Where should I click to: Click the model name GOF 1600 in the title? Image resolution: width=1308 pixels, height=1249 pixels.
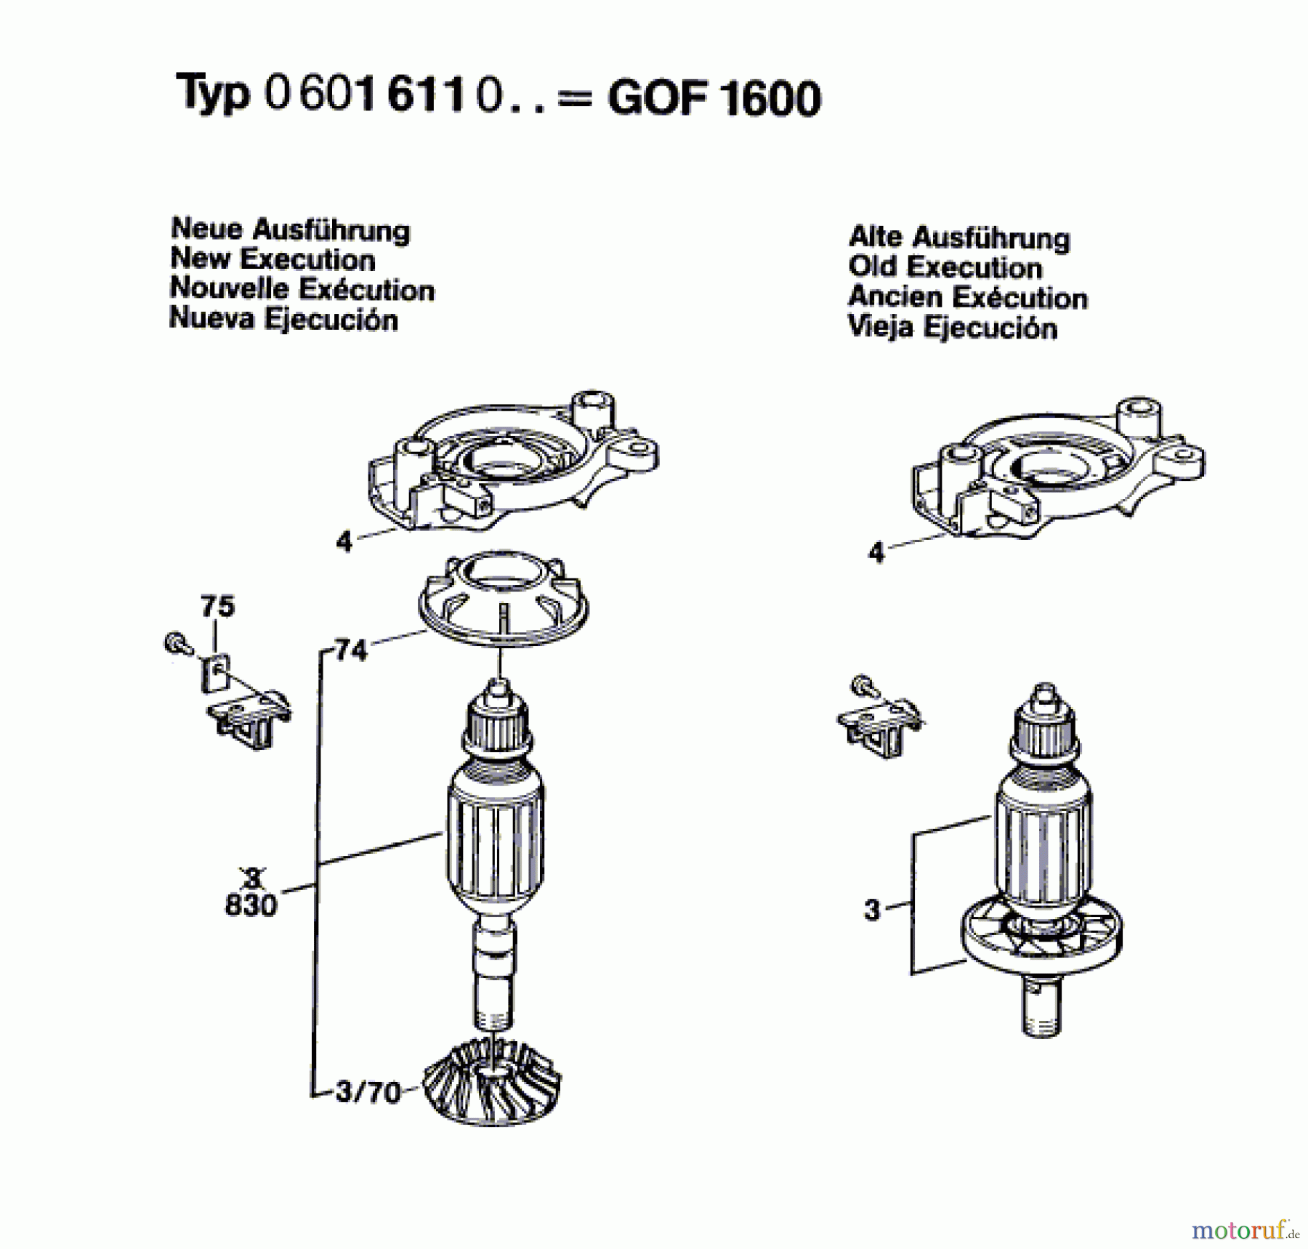[x=714, y=98]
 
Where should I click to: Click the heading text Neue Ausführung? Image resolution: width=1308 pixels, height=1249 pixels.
[x=290, y=230]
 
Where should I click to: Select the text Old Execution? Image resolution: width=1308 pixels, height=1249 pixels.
[x=945, y=267]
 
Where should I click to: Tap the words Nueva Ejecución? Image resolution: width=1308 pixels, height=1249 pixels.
[x=283, y=319]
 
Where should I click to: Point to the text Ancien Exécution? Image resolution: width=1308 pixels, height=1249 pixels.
[x=967, y=297]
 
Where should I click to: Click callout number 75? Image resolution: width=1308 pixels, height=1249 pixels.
[x=217, y=605]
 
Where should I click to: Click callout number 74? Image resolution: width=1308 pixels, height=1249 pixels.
[x=352, y=649]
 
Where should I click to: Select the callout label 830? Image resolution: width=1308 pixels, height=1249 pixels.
[x=251, y=905]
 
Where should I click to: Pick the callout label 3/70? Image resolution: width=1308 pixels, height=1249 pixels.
[x=368, y=1092]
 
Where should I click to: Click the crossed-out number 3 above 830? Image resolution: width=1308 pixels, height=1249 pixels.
[x=252, y=878]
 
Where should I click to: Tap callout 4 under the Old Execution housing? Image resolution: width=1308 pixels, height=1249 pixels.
[x=876, y=552]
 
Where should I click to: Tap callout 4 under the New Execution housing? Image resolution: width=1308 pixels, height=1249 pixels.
[x=344, y=541]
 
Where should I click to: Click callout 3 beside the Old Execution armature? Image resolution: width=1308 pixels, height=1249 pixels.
[x=872, y=909]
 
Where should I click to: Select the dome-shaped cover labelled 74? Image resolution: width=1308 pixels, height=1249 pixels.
[x=503, y=599]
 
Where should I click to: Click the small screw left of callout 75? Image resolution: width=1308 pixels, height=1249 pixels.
[x=176, y=644]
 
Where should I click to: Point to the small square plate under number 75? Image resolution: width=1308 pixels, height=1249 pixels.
[x=215, y=673]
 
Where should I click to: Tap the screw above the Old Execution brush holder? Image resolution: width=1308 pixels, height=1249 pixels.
[x=863, y=685]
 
